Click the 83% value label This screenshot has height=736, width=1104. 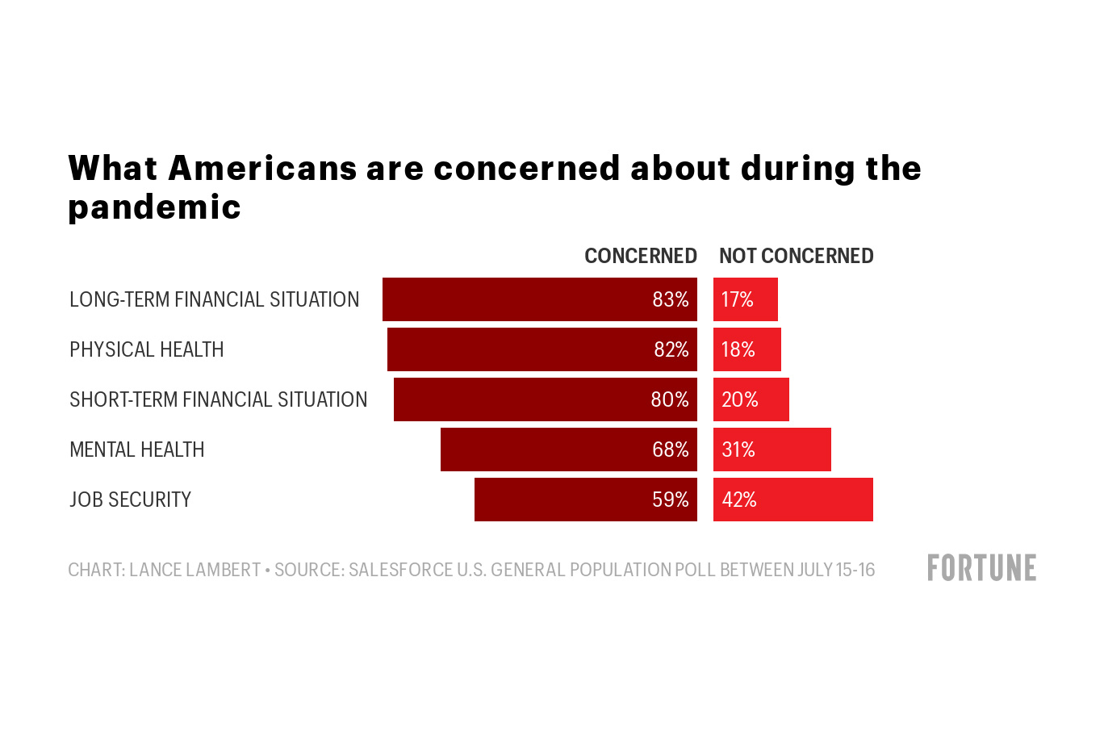[670, 299]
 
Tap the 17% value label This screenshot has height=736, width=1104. [737, 299]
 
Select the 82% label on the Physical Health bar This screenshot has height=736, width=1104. [671, 349]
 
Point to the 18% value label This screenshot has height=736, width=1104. [738, 349]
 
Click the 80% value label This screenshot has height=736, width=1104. [669, 399]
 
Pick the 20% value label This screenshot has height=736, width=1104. [739, 399]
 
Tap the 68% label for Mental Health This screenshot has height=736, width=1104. [670, 450]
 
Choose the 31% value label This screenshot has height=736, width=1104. [738, 450]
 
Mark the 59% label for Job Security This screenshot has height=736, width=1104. [670, 500]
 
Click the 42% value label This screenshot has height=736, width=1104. [738, 500]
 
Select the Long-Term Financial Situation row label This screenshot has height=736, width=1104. [214, 299]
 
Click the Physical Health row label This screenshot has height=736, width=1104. [146, 349]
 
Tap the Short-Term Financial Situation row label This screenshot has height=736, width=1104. [218, 399]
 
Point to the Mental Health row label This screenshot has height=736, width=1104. [136, 450]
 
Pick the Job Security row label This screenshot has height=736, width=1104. [130, 500]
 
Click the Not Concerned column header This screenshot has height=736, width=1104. [796, 256]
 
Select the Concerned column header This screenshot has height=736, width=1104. [640, 256]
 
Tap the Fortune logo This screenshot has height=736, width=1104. [981, 568]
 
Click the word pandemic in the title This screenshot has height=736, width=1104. [154, 207]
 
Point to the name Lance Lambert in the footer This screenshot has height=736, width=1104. [194, 570]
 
